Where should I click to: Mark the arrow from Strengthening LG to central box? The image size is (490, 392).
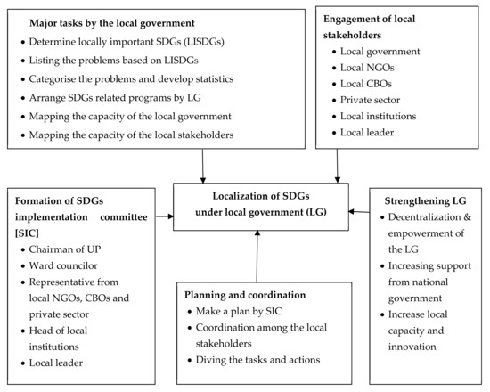[362, 211]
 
